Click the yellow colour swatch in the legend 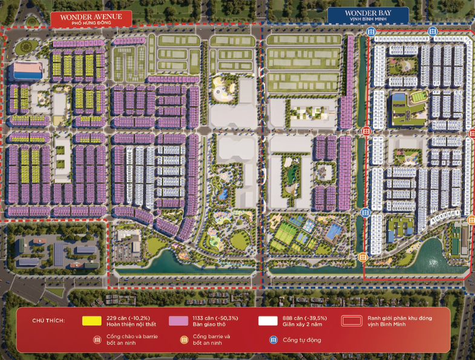coord(92,321)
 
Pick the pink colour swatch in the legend coord(178,321)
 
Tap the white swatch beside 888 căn coord(267,321)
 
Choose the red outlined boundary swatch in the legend coord(350,321)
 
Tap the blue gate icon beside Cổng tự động coord(274,340)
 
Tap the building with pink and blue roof coord(28,71)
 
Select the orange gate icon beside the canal coord(362,257)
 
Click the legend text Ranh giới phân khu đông coord(399,318)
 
